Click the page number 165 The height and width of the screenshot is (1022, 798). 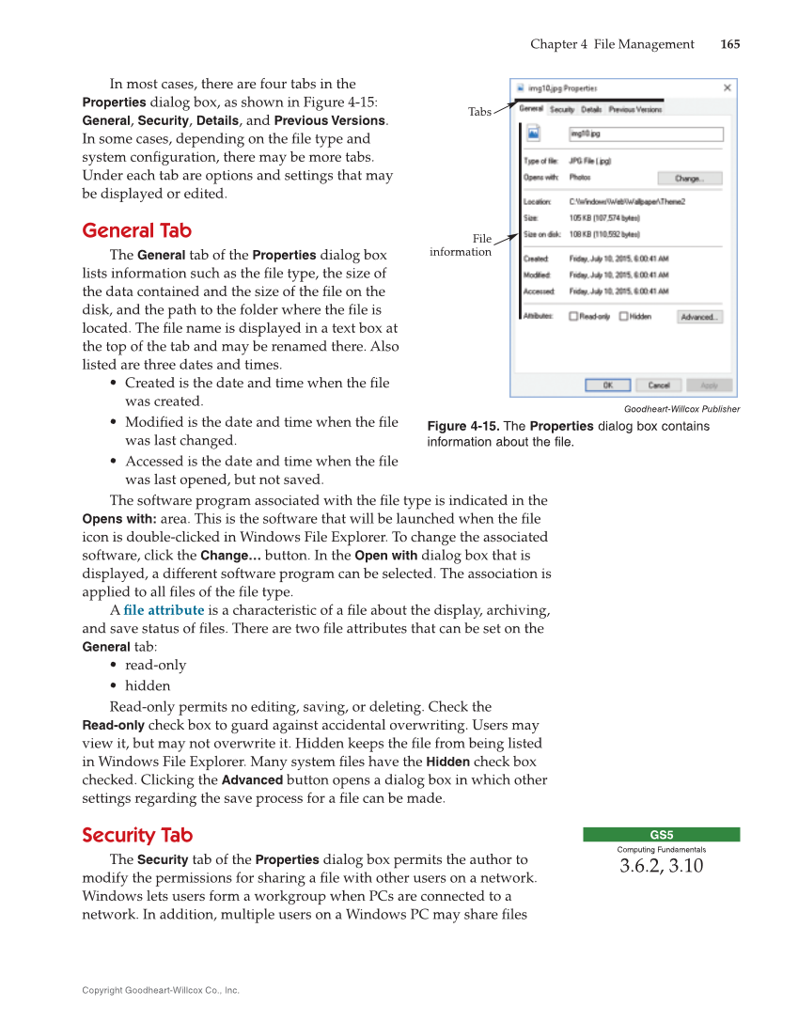pyautogui.click(x=729, y=44)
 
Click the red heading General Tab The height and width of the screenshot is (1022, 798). pyautogui.click(x=136, y=230)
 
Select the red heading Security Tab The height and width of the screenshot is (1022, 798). pyautogui.click(x=136, y=835)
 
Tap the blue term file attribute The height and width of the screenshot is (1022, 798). pyautogui.click(x=164, y=609)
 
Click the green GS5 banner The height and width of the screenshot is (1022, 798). pyautogui.click(x=661, y=834)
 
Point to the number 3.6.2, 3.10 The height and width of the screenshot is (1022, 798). pyautogui.click(x=661, y=866)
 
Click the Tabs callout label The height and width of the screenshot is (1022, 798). pyautogui.click(x=479, y=112)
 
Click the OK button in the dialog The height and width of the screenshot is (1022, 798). pyautogui.click(x=607, y=385)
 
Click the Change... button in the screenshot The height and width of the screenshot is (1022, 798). pyautogui.click(x=689, y=178)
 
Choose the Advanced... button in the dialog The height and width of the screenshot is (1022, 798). pyautogui.click(x=699, y=317)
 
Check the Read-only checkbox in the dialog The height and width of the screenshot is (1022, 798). pyautogui.click(x=574, y=317)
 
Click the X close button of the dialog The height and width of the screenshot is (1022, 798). pyautogui.click(x=727, y=87)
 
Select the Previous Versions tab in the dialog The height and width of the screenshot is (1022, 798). pyautogui.click(x=635, y=109)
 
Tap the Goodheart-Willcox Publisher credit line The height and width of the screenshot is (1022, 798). pyautogui.click(x=681, y=409)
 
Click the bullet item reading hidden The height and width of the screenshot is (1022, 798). pyautogui.click(x=148, y=685)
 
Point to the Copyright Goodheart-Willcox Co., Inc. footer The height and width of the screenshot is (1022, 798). pyautogui.click(x=161, y=990)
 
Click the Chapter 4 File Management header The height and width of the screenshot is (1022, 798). pyautogui.click(x=612, y=44)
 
